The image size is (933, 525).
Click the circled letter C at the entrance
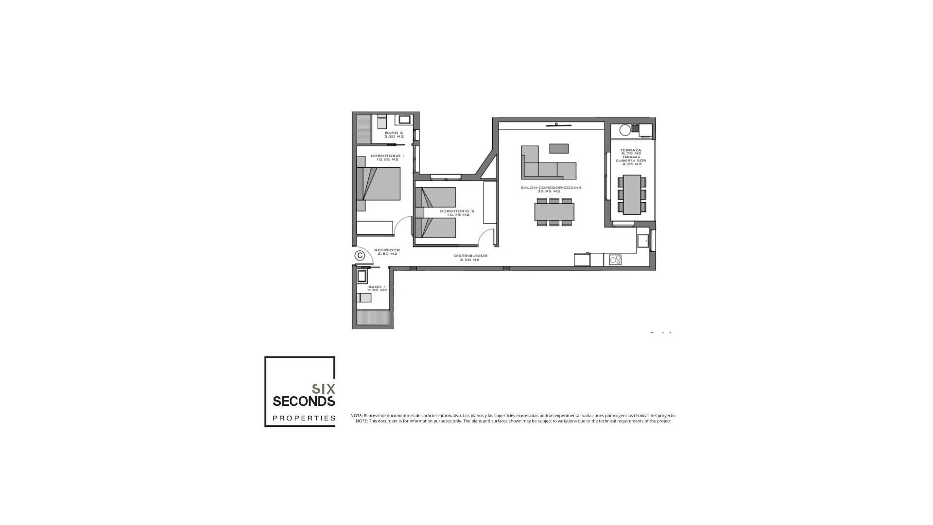coord(360,255)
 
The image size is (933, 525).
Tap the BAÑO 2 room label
coord(394,135)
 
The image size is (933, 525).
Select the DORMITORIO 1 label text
coord(387,157)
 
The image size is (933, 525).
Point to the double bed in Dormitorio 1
coord(379,184)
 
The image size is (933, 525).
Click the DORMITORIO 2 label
coord(457,213)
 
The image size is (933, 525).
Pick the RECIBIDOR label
coord(387,252)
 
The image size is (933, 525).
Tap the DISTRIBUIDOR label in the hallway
coord(470,258)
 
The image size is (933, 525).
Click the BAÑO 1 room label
coord(377,288)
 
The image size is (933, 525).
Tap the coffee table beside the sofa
coord(559,148)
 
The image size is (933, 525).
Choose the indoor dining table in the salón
coord(554,212)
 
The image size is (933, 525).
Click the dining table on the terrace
coord(632,194)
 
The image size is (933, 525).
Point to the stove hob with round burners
coord(615,260)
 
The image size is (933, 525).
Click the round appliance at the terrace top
coord(625,130)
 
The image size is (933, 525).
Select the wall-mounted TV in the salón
coord(558,125)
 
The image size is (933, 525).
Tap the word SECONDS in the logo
coord(304,401)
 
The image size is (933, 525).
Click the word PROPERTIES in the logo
coord(304,418)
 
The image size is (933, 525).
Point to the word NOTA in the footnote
coord(356,416)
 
